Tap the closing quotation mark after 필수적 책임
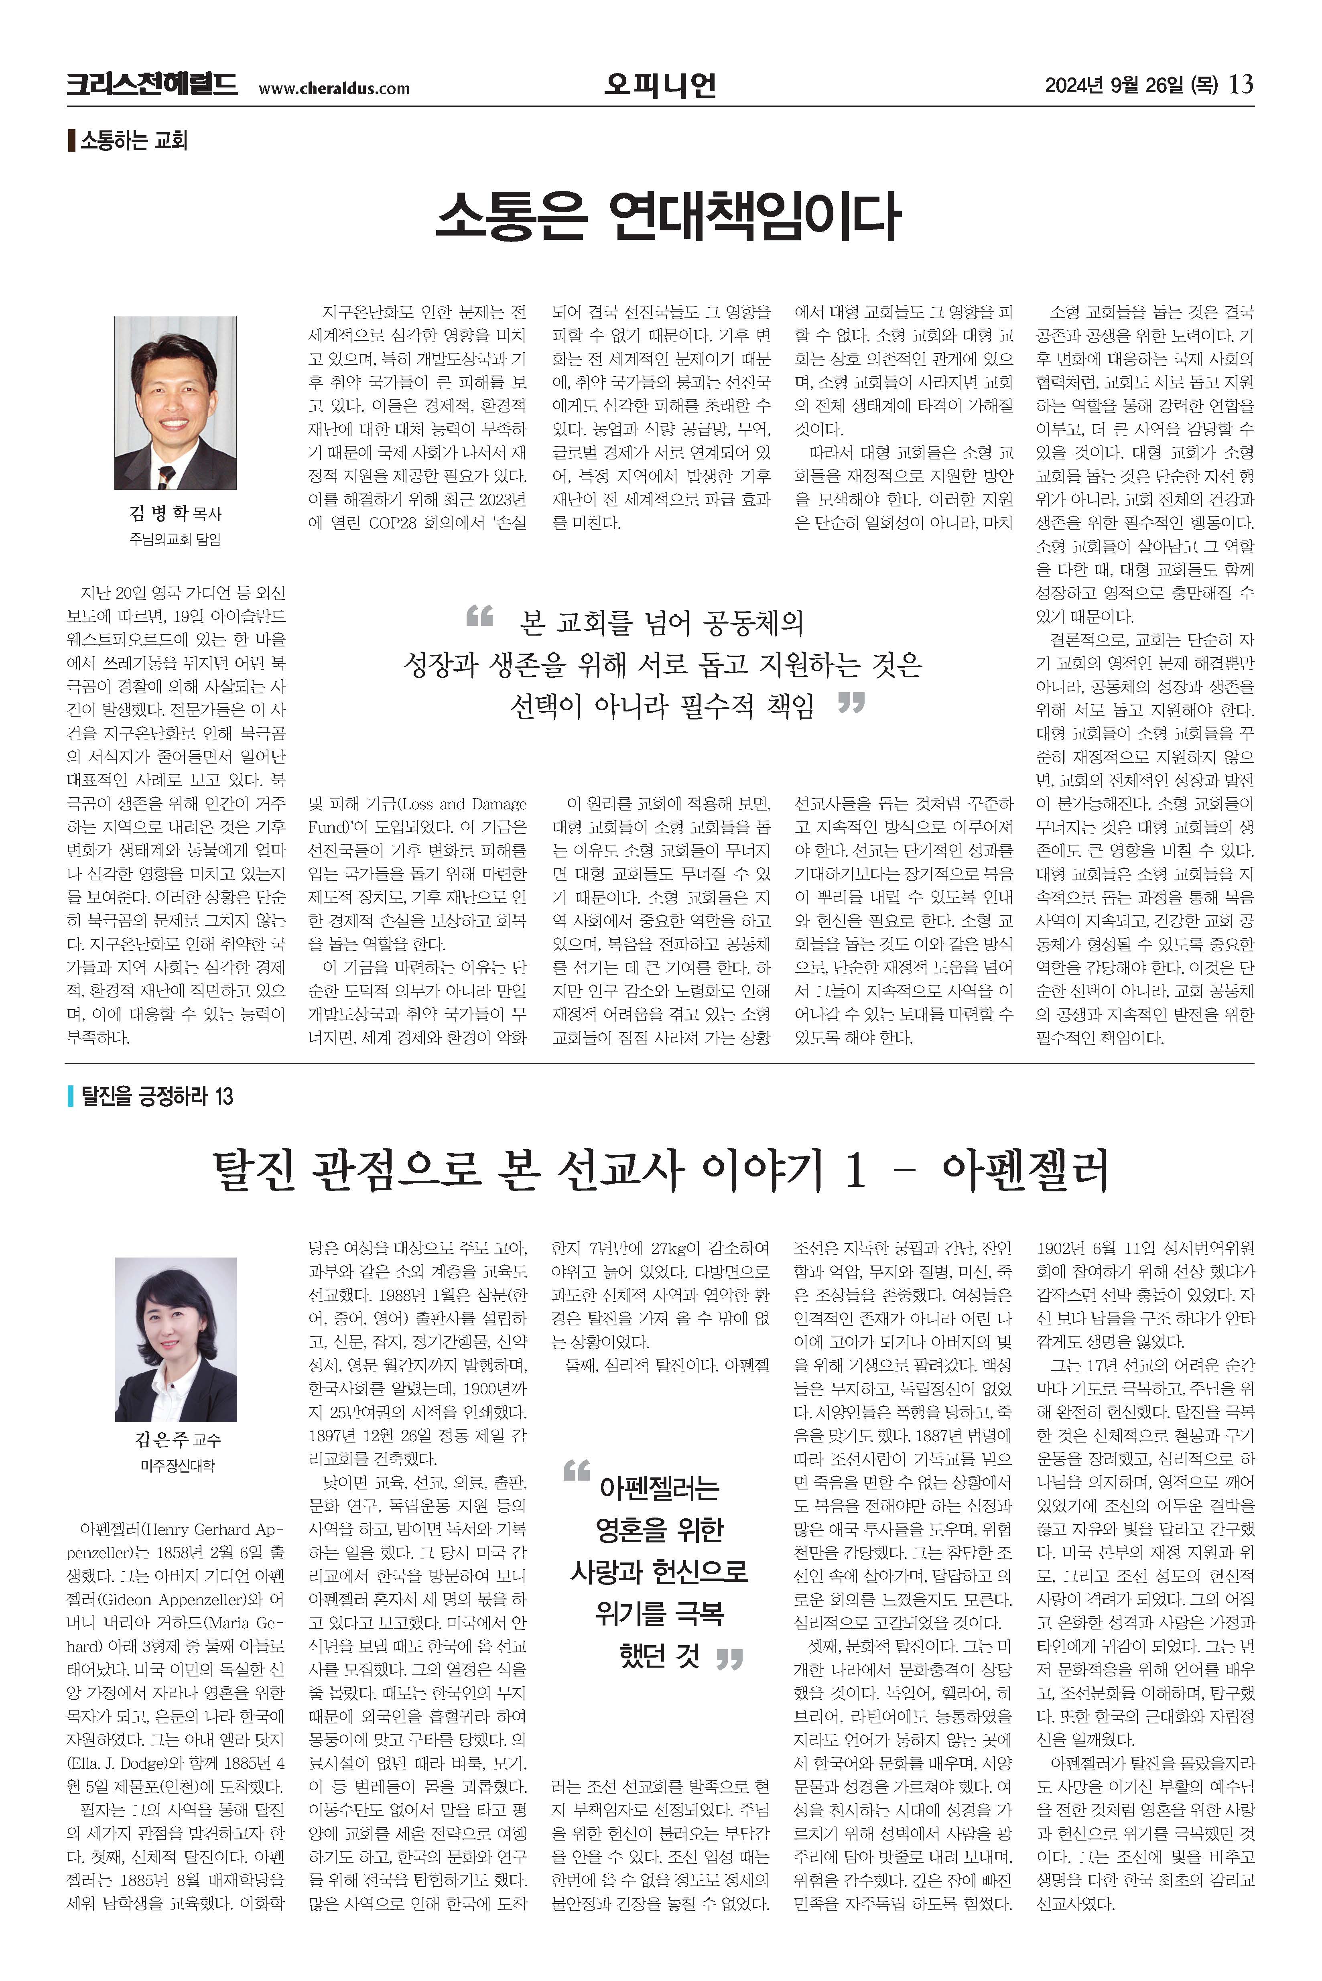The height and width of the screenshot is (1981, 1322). (x=851, y=701)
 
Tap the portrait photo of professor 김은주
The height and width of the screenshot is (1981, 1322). (x=175, y=1339)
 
